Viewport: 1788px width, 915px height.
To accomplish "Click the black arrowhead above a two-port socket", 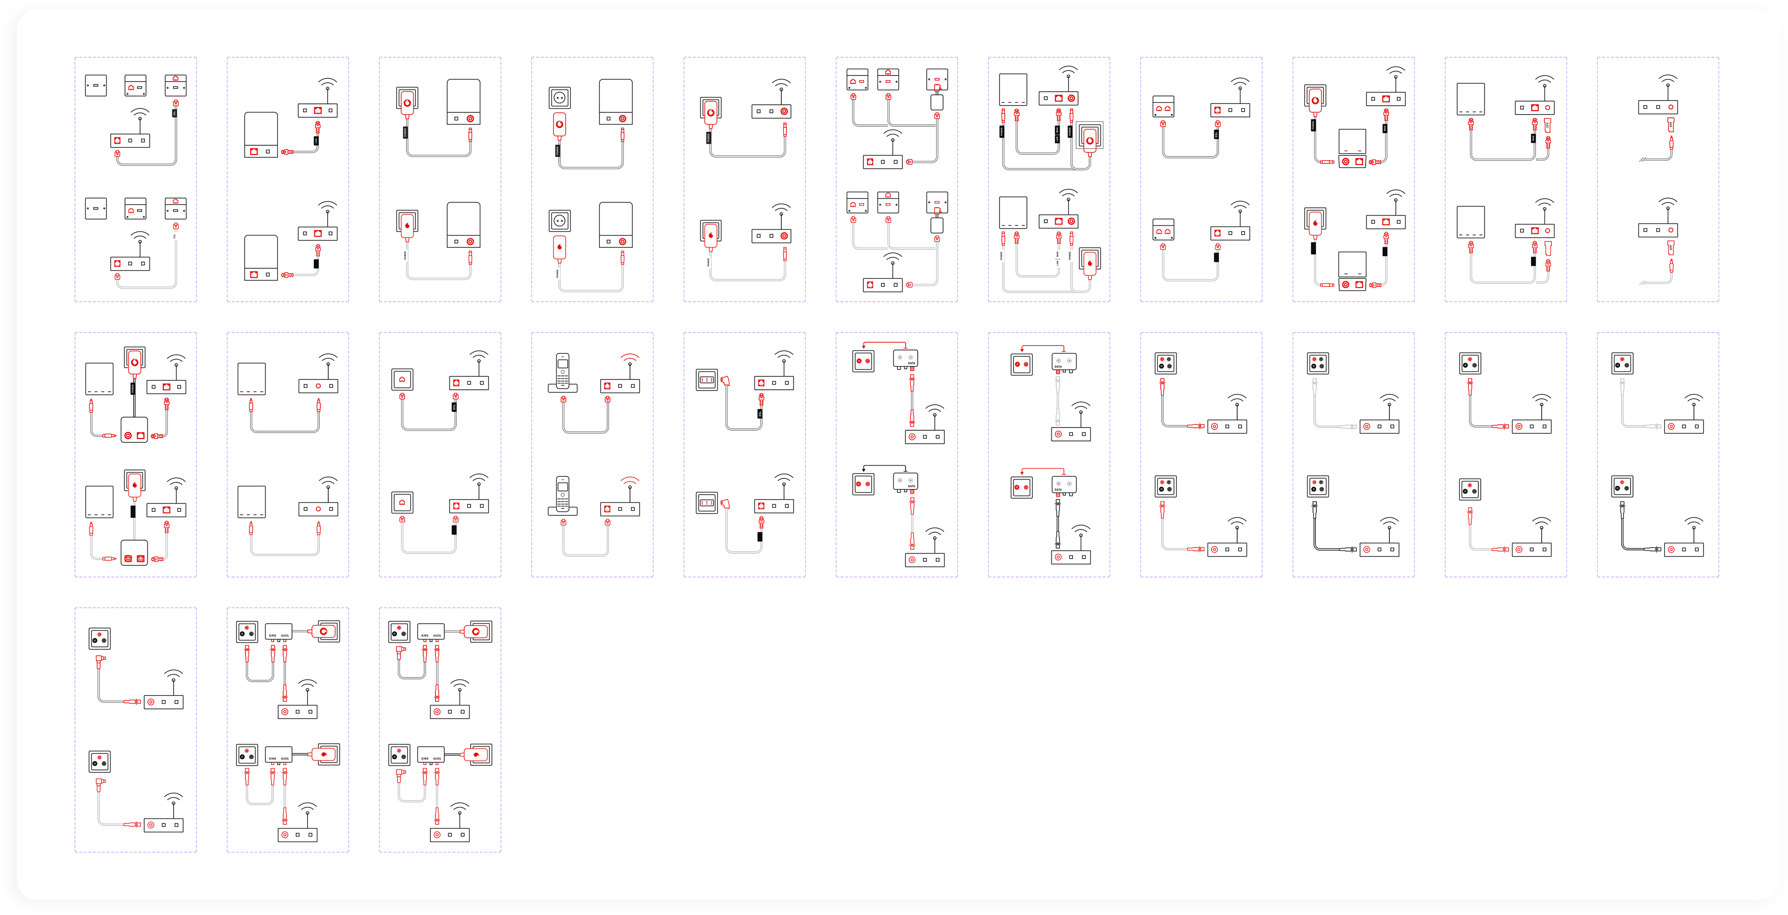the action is [x=863, y=470].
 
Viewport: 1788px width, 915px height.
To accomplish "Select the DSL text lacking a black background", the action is [x=175, y=237].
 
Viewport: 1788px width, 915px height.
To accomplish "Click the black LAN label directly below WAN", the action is [x=1058, y=139].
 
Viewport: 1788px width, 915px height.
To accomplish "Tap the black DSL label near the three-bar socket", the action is [x=760, y=414].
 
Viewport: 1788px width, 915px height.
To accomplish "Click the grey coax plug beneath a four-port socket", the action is [x=1314, y=383].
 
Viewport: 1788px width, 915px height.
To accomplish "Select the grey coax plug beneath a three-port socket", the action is [x=1622, y=383].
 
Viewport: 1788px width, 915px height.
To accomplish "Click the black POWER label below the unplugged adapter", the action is [x=557, y=150].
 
